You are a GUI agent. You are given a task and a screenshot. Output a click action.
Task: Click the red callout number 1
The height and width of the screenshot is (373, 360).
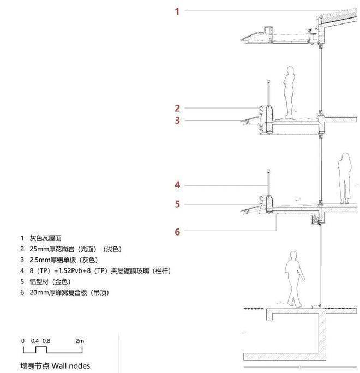pyautogui.click(x=177, y=11)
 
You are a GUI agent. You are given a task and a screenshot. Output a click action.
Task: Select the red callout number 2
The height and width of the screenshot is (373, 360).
pyautogui.click(x=177, y=108)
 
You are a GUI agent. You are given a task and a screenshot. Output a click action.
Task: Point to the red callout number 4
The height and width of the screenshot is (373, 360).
pyautogui.click(x=177, y=185)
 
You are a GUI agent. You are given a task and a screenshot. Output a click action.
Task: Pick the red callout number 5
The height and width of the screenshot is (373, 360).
pyautogui.click(x=177, y=205)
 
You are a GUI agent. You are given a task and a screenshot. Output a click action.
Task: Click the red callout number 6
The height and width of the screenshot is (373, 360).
pyautogui.click(x=177, y=232)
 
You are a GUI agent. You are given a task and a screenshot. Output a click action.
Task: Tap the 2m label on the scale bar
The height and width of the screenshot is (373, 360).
pyautogui.click(x=80, y=341)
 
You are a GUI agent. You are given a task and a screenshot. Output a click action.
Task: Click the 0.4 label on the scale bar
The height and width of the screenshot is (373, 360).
pyautogui.click(x=34, y=341)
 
